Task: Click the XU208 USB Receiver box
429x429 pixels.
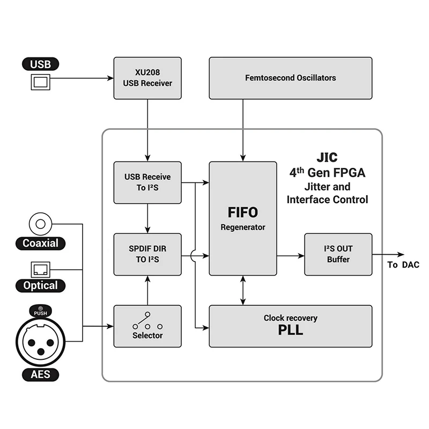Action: (x=147, y=78)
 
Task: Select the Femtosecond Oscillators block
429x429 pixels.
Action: (x=291, y=78)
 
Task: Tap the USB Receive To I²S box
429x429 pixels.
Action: (x=147, y=182)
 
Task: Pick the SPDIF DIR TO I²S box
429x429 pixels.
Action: (x=147, y=254)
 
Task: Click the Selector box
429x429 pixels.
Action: (x=147, y=326)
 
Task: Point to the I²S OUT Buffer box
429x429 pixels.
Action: (x=338, y=254)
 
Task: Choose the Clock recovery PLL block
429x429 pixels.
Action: (x=291, y=326)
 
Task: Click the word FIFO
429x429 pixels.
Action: (x=243, y=212)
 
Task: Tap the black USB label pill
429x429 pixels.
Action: (x=41, y=64)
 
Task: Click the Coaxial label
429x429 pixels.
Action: (x=41, y=243)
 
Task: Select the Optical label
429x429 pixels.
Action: (x=41, y=286)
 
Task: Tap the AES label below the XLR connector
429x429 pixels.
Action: (x=41, y=374)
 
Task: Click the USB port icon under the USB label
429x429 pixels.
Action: (x=41, y=82)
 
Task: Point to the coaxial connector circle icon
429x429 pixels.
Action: (x=41, y=224)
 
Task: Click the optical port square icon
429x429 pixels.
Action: (x=41, y=270)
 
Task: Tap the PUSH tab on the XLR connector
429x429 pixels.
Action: (x=41, y=311)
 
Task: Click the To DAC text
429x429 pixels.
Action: (x=403, y=265)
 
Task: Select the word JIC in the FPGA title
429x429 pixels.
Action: (x=327, y=157)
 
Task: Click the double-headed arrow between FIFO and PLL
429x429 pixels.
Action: (x=243, y=290)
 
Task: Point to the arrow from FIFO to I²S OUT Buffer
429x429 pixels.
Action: (x=291, y=256)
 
